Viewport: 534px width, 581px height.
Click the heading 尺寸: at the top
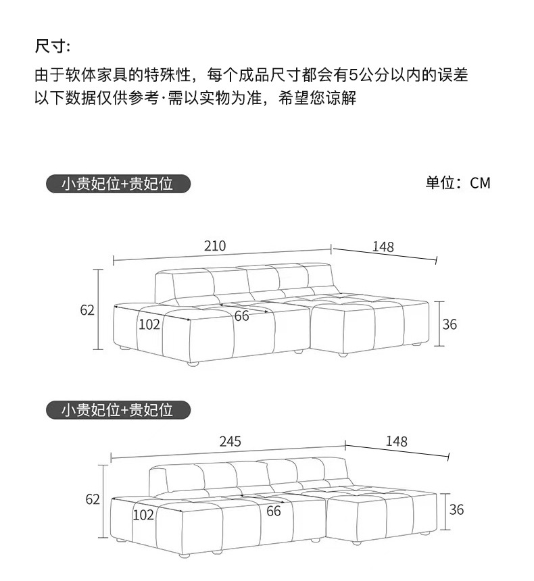pos(52,47)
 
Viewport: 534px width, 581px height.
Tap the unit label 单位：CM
pos(458,183)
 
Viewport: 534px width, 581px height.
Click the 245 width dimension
pos(230,442)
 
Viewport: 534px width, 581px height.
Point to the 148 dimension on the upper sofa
pos(383,247)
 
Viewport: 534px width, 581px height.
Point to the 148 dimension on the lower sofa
pos(396,442)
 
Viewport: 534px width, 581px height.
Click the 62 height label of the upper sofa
pos(87,310)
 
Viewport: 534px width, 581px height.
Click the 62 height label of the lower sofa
pos(93,499)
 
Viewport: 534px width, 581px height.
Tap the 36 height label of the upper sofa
pos(450,324)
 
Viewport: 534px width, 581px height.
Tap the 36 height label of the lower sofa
pos(456,509)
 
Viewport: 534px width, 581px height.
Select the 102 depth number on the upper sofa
pos(149,324)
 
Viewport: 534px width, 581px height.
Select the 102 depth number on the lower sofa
pos(143,515)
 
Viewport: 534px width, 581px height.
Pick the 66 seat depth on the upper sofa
pos(241,316)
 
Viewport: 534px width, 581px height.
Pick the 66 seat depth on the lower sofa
pos(273,511)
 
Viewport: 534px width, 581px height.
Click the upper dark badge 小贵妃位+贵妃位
pos(118,184)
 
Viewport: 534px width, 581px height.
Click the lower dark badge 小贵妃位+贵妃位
pos(118,409)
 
